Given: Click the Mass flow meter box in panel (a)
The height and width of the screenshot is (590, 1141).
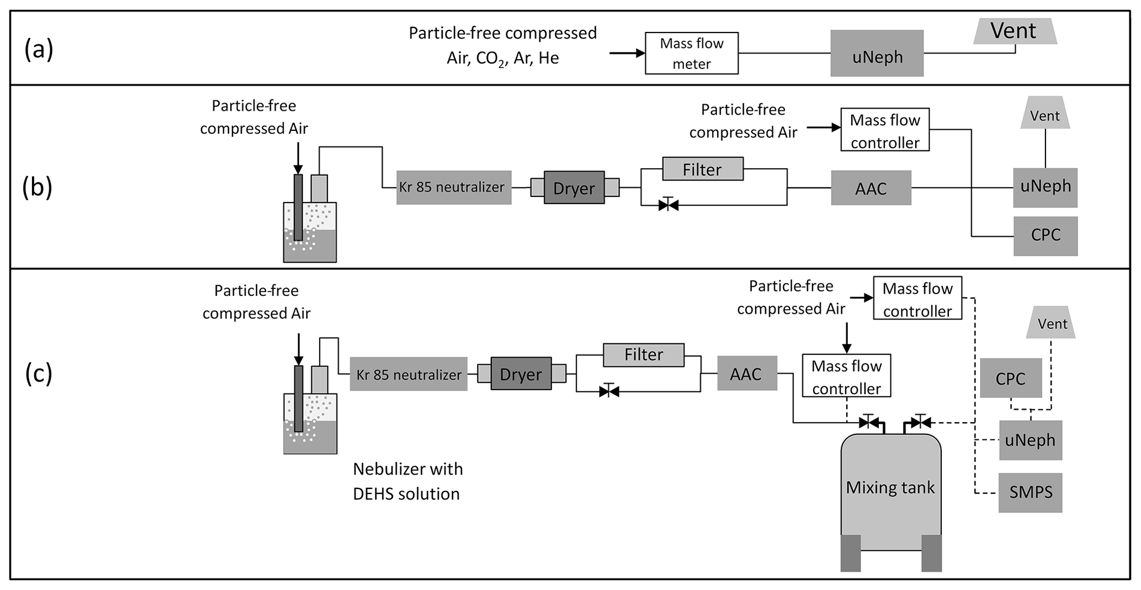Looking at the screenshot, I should [x=691, y=53].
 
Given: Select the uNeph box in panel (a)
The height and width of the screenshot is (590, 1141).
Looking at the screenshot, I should [x=877, y=54].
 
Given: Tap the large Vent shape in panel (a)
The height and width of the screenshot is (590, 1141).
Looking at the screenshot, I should [x=1014, y=31].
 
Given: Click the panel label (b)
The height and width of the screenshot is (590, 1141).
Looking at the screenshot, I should [x=37, y=187].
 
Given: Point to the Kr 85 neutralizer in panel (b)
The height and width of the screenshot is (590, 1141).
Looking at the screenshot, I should [x=453, y=188].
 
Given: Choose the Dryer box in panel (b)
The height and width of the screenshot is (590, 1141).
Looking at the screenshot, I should [x=574, y=188].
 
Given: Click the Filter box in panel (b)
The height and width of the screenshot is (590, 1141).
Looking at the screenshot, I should [x=702, y=169].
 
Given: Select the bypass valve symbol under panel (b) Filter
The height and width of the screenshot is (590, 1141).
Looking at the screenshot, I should [x=668, y=205].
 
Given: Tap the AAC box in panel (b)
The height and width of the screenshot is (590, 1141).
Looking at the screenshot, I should [x=871, y=188].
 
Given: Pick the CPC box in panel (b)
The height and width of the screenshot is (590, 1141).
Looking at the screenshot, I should [x=1045, y=236].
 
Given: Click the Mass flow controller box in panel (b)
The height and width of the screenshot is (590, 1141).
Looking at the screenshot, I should [x=884, y=130].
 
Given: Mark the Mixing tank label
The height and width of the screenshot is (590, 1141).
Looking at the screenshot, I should [x=890, y=487].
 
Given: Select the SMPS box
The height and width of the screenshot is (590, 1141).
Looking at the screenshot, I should [x=1030, y=492].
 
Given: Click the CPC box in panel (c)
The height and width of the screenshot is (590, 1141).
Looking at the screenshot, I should [x=1010, y=378].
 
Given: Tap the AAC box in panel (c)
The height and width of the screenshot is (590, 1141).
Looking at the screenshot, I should [x=746, y=374].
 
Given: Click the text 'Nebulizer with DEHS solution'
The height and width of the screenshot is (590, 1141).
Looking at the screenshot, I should [x=407, y=481].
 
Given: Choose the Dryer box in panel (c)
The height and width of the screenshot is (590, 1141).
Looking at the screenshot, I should [x=521, y=374].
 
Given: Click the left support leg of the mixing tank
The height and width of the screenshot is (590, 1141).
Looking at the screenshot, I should [x=851, y=553].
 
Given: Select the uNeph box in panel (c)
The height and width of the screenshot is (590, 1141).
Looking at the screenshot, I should [x=1030, y=440].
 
